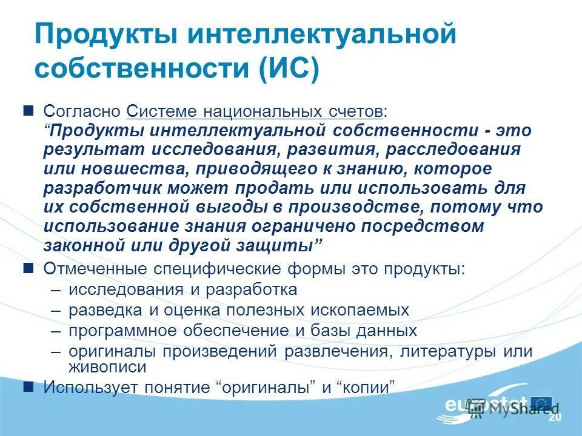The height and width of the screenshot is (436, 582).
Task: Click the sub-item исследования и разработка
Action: [182, 289]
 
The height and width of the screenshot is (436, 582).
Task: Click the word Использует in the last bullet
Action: [84, 386]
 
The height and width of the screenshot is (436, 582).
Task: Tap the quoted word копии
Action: [369, 386]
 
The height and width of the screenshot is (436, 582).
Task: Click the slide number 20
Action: [554, 418]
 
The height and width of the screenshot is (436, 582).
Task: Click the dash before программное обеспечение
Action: [56, 331]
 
